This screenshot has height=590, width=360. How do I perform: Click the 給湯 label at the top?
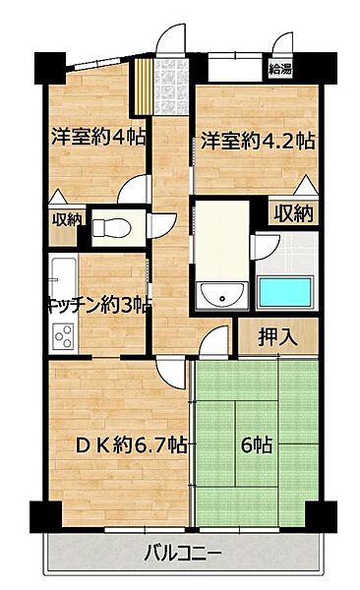280,69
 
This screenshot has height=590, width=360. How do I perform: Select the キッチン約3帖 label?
97,305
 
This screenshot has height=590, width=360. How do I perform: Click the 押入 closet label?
279,337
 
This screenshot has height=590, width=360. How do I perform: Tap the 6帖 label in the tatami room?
258,444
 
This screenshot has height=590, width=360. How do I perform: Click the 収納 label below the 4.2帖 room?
293,211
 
